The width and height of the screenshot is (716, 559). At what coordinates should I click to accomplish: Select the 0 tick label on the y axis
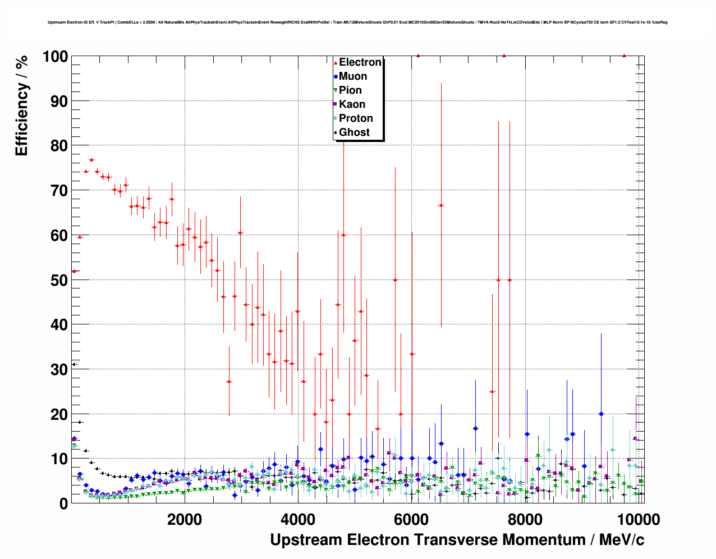click(63, 503)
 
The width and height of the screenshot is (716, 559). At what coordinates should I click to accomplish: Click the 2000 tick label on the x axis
click(185, 520)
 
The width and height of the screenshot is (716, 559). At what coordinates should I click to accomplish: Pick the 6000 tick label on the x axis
click(412, 520)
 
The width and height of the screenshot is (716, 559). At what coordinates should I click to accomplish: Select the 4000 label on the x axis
click(298, 520)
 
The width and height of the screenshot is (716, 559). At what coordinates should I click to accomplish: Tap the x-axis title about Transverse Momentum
click(457, 540)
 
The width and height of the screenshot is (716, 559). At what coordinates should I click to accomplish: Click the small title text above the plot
click(357, 22)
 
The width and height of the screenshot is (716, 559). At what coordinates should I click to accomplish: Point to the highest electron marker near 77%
click(91, 160)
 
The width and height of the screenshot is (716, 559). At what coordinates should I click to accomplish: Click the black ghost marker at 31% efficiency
click(74, 364)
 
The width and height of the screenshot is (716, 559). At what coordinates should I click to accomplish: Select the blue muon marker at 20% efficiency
click(601, 414)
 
